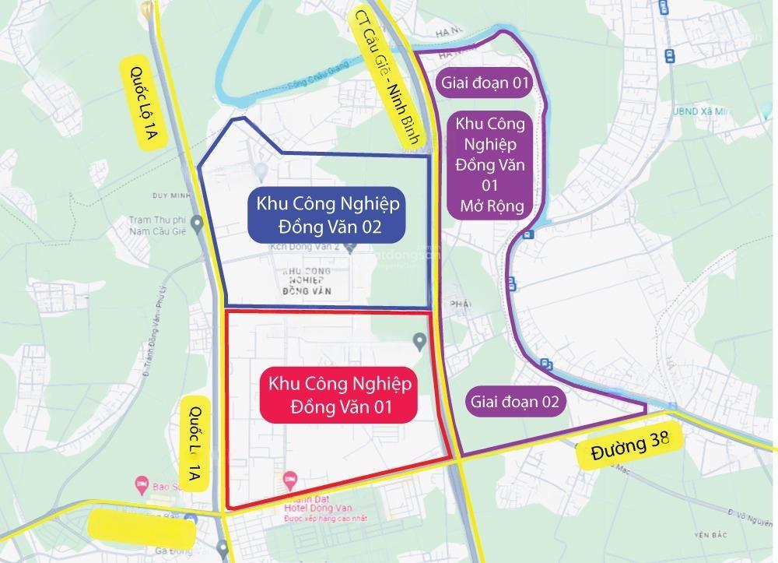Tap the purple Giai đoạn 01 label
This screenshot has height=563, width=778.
(x=485, y=83)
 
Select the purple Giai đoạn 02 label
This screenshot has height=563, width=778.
(x=513, y=402)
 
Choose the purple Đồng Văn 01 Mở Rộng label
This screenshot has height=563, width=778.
(x=489, y=165)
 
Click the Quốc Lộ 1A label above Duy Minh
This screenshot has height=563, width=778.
(x=142, y=102)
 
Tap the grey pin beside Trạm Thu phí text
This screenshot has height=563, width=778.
(x=198, y=225)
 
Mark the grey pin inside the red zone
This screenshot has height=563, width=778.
(x=419, y=340)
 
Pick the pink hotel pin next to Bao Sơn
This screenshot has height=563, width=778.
(x=141, y=484)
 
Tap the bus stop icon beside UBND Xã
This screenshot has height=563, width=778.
(x=669, y=56)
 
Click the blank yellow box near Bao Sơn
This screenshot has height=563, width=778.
(x=141, y=528)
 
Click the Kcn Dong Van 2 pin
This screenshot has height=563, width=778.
(x=352, y=248)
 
